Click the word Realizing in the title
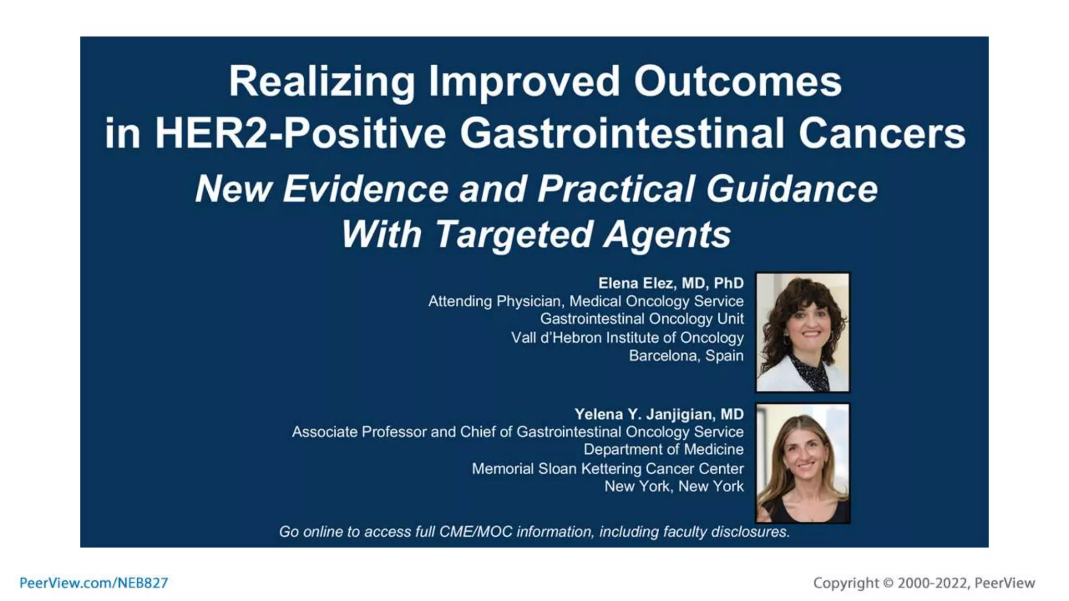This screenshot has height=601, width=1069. (x=322, y=82)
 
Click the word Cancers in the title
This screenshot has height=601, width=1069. (x=882, y=133)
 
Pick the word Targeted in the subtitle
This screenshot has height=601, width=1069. (x=514, y=234)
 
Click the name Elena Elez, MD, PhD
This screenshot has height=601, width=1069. (x=670, y=283)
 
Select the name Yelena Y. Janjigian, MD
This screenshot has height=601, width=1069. (x=659, y=414)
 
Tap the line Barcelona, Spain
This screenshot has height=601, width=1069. (x=686, y=356)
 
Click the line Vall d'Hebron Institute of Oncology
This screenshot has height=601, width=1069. (x=627, y=338)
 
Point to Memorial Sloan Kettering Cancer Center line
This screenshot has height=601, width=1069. (x=608, y=468)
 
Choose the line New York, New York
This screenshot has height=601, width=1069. (x=674, y=486)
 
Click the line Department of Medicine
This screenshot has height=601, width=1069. (x=663, y=449)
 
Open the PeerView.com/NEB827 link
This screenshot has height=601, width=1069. (x=94, y=583)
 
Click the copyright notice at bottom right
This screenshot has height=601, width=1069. (x=923, y=583)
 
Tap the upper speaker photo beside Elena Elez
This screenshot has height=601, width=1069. (x=802, y=332)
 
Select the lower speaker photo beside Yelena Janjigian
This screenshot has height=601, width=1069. (x=802, y=463)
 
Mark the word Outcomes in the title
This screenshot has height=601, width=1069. (x=737, y=82)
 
